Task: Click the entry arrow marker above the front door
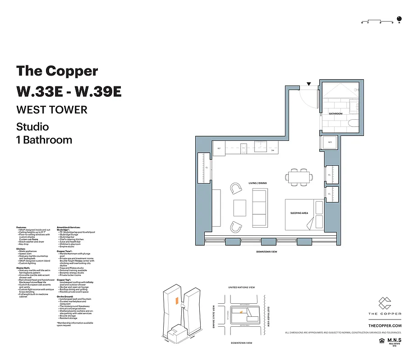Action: click(x=309, y=84)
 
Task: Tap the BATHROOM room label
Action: click(x=335, y=114)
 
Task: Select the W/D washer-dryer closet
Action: click(x=330, y=143)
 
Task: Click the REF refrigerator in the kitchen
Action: click(x=219, y=148)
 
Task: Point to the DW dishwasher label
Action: click(x=272, y=150)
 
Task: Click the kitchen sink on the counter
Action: click(x=261, y=146)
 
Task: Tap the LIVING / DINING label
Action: click(x=257, y=183)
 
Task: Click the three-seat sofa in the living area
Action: click(x=259, y=208)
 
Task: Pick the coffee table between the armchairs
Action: click(x=239, y=208)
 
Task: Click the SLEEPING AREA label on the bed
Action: click(x=299, y=213)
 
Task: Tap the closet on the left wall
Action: click(x=204, y=168)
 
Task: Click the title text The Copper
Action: click(x=57, y=71)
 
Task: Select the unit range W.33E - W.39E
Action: click(x=69, y=91)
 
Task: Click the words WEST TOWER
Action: click(x=51, y=109)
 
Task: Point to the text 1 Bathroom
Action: click(x=44, y=139)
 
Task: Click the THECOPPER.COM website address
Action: click(x=385, y=325)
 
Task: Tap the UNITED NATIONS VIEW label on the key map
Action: click(x=242, y=287)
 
